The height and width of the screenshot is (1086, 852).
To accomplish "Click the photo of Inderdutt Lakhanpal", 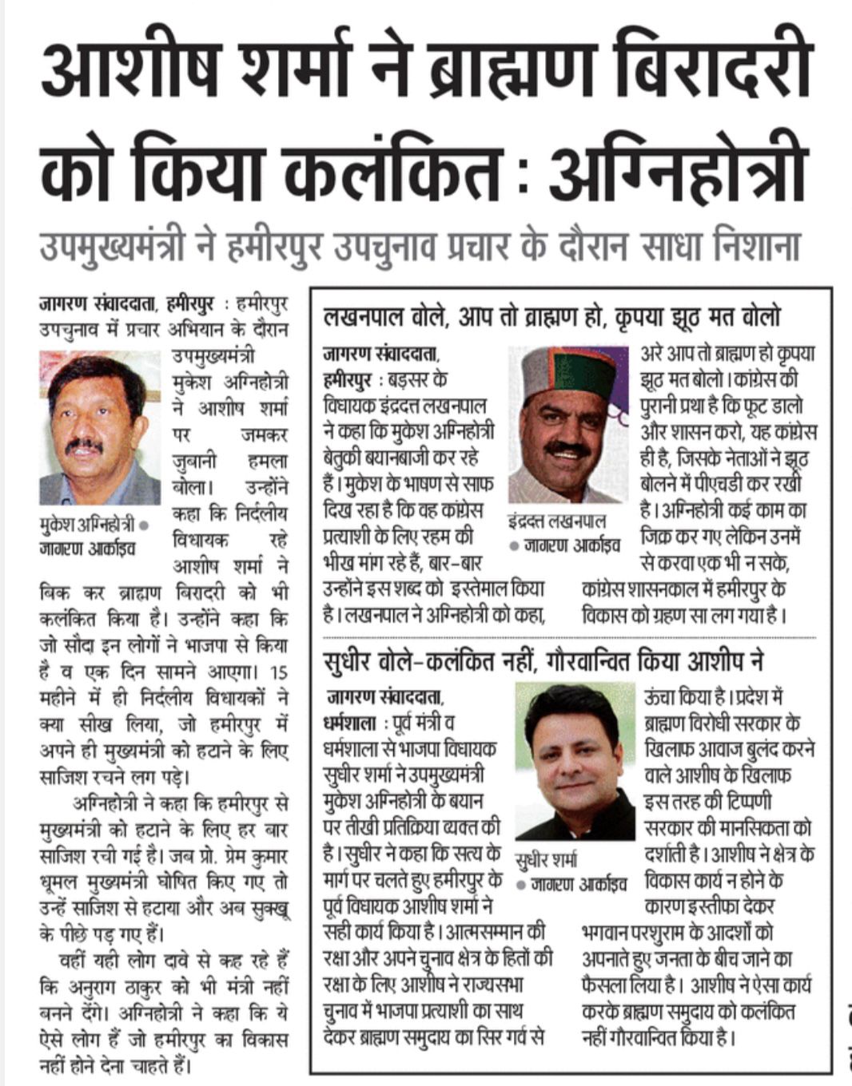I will click(568, 424).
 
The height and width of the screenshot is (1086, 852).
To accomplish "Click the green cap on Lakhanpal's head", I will click(568, 371).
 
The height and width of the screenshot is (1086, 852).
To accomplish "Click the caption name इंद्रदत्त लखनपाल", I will click(557, 521).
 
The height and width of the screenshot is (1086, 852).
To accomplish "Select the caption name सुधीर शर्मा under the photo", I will click(546, 859).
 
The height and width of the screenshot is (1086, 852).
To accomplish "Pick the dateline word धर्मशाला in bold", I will click(351, 724).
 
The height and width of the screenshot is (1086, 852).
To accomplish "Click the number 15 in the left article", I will click(277, 672).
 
